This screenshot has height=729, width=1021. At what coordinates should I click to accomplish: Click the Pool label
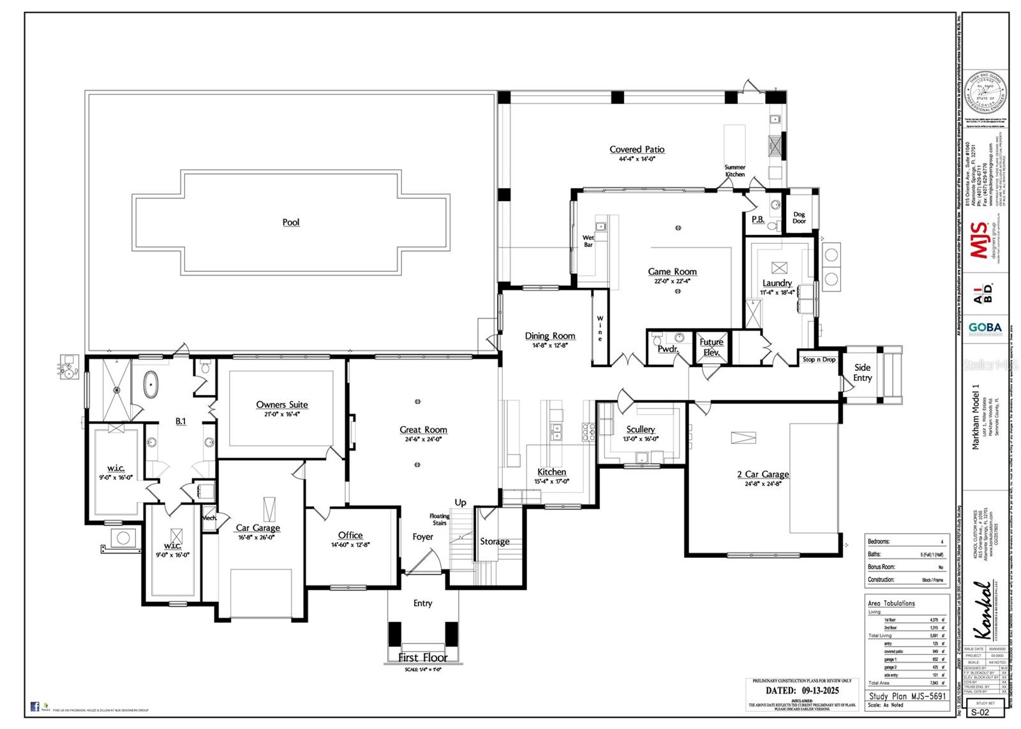pos(291,222)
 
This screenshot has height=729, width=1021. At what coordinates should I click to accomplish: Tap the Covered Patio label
pos(637,149)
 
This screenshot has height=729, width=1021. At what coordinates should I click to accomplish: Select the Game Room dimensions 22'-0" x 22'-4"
pos(673,281)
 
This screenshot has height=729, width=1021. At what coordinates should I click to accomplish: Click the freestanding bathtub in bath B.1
pos(151,385)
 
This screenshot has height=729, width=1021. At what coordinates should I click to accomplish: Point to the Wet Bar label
pos(588,241)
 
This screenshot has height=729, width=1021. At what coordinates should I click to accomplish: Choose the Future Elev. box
pos(711,347)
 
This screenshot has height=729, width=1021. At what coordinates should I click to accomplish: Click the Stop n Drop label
pos(819,359)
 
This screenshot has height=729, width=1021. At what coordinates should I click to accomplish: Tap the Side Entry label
pos(862,372)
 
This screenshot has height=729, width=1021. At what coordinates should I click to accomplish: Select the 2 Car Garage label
pos(763,474)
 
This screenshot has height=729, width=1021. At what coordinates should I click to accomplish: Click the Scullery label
pos(640,430)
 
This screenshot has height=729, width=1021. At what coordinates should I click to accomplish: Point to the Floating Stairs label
pos(439,519)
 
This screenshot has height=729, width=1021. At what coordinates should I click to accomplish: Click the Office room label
pos(350,535)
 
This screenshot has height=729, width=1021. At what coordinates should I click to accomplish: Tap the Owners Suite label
pos(282,405)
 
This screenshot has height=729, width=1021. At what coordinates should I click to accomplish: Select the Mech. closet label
pos(209,518)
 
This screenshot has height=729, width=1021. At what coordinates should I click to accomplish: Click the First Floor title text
pos(422,657)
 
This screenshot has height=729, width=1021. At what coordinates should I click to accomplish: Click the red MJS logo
pos(979,240)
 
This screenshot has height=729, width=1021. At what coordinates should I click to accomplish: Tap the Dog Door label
pos(800,218)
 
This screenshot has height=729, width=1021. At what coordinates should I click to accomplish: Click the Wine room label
pos(600,328)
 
